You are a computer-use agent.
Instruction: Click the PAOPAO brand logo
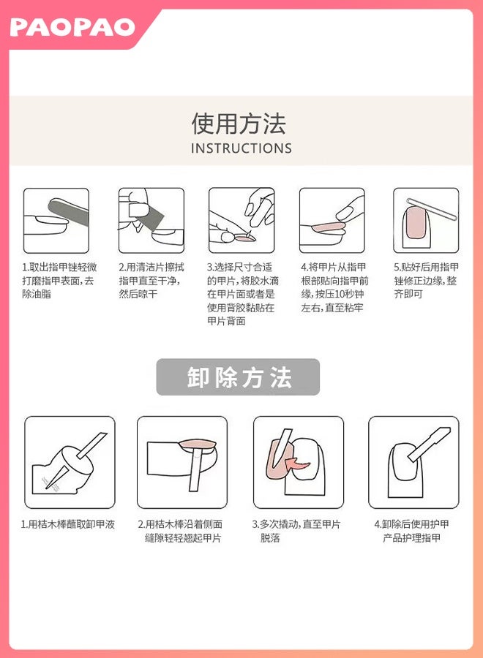pos(72,28)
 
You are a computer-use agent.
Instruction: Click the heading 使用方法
pos(239,124)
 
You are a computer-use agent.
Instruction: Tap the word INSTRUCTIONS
pos(241,148)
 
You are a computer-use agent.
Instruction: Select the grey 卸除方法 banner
pos(238,377)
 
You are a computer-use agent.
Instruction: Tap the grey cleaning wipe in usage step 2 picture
pos(146,214)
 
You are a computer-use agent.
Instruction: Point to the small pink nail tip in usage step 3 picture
pos(245,238)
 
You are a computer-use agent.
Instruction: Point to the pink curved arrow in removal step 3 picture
pos(297,464)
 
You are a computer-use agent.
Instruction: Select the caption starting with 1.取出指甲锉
pos(59,280)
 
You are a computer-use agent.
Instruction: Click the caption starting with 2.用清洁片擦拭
pos(151,280)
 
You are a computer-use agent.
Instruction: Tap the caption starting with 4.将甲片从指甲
pos(334,287)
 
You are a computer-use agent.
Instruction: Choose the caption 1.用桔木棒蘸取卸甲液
pos(67,524)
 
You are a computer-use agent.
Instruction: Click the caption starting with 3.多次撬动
pos(296,531)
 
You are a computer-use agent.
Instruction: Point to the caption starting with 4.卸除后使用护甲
pos(411,531)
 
